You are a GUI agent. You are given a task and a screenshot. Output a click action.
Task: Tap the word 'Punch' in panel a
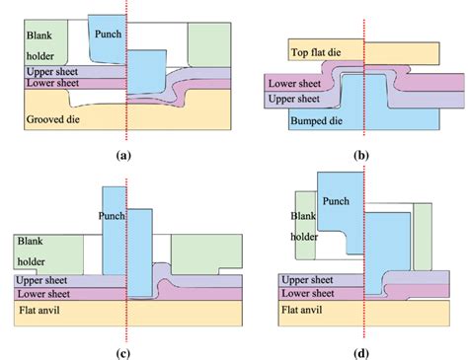tap(107, 35)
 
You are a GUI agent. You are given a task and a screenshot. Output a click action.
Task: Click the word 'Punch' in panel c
tap(114, 215)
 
